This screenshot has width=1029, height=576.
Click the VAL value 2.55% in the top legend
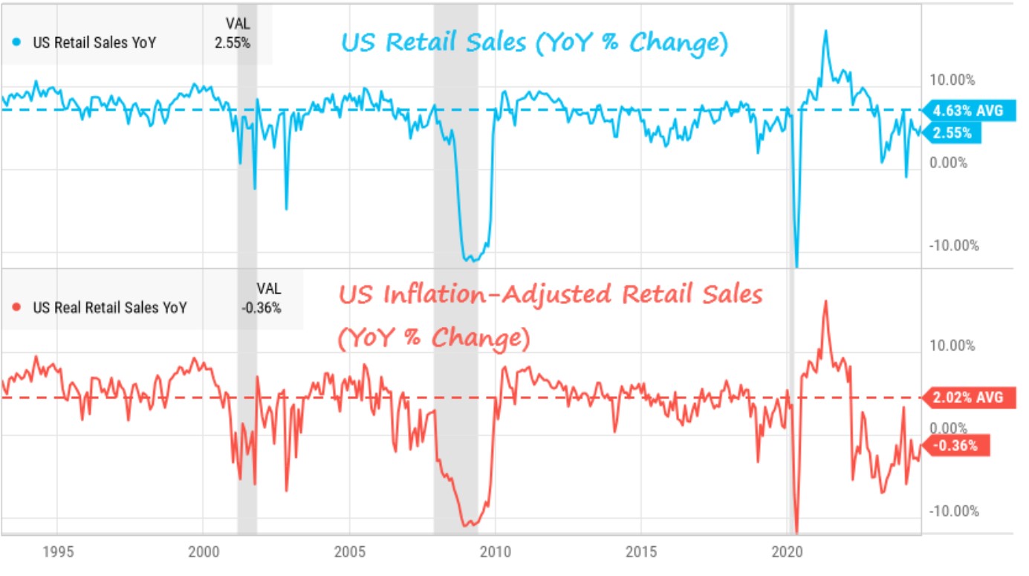[233, 43]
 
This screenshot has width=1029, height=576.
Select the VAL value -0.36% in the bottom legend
[262, 308]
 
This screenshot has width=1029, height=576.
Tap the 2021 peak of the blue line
[825, 31]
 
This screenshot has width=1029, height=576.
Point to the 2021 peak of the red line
[825, 301]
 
